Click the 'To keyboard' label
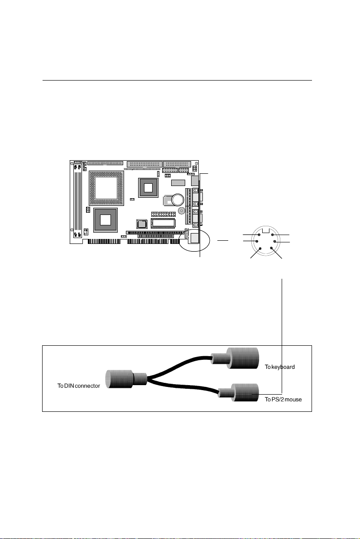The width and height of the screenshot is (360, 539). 280,367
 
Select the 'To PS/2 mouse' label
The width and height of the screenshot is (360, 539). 283,400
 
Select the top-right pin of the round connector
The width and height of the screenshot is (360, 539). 272,234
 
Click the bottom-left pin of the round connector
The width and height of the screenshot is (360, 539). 259,248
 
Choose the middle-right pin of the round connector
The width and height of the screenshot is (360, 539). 275,242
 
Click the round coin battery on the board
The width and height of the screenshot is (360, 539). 177,200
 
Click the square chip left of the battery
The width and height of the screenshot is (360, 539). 148,187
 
